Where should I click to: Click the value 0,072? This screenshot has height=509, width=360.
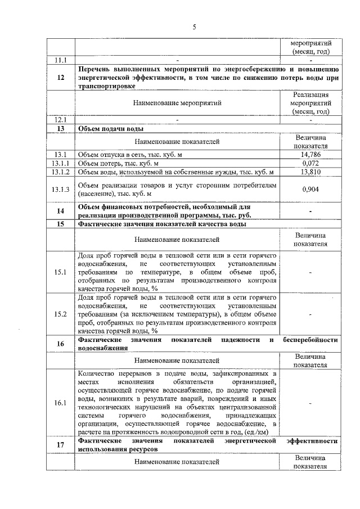(x=310, y=163)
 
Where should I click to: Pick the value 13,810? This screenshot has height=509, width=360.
(x=310, y=172)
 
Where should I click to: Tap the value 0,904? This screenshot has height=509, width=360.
(x=310, y=189)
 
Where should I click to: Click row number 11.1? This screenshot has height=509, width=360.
(x=60, y=60)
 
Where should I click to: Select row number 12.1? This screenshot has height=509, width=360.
(x=60, y=120)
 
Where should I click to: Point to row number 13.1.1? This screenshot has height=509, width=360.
(x=60, y=163)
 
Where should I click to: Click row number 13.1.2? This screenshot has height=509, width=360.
(x=60, y=172)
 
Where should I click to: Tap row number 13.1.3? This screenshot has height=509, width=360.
(x=60, y=189)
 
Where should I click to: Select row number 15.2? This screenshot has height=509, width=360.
(x=60, y=314)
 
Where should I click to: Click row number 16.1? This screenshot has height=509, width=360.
(x=60, y=403)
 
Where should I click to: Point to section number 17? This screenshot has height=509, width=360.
(x=60, y=445)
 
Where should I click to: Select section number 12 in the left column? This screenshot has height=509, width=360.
(x=60, y=78)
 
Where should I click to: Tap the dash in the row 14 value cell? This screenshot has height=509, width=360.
(x=310, y=211)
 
